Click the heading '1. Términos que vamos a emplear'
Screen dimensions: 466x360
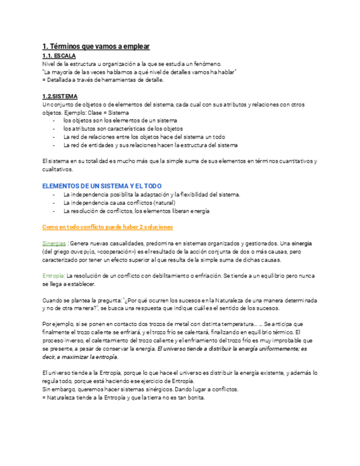click(96, 47)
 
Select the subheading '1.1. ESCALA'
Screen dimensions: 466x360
click(59, 56)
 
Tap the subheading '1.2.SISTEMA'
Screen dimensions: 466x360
click(60, 96)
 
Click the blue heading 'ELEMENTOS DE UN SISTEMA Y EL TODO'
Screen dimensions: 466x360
click(102, 186)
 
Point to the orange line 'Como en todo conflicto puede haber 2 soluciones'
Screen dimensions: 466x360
click(108, 226)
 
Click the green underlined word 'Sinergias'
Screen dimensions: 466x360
click(55, 243)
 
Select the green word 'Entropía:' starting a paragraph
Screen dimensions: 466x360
click(54, 275)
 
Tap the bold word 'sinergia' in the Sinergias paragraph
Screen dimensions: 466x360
click(301, 243)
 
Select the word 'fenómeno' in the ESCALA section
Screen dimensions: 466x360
click(207, 64)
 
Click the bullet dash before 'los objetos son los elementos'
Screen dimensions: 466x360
click(53, 120)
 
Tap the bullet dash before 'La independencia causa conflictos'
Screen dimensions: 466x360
click(53, 203)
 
